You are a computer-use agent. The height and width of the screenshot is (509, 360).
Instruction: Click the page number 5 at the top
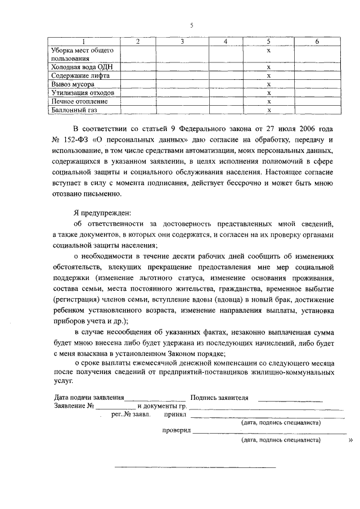click(191, 25)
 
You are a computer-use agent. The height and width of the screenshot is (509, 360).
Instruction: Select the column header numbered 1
click(83, 42)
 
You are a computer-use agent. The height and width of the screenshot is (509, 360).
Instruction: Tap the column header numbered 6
click(317, 42)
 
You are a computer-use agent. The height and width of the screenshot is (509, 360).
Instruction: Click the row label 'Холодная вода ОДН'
click(78, 67)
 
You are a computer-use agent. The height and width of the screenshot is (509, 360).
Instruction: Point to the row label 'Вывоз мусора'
click(73, 84)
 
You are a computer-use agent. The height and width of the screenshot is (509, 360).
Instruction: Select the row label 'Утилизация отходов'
click(83, 93)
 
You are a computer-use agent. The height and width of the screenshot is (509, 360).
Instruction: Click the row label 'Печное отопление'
click(79, 101)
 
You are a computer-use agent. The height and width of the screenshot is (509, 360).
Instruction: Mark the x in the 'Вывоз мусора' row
click(269, 84)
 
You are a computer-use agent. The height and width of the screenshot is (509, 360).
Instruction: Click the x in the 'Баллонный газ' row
click(269, 110)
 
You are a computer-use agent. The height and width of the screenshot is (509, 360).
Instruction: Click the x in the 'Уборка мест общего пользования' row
click(269, 51)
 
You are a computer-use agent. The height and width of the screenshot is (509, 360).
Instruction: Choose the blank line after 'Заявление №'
click(115, 407)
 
